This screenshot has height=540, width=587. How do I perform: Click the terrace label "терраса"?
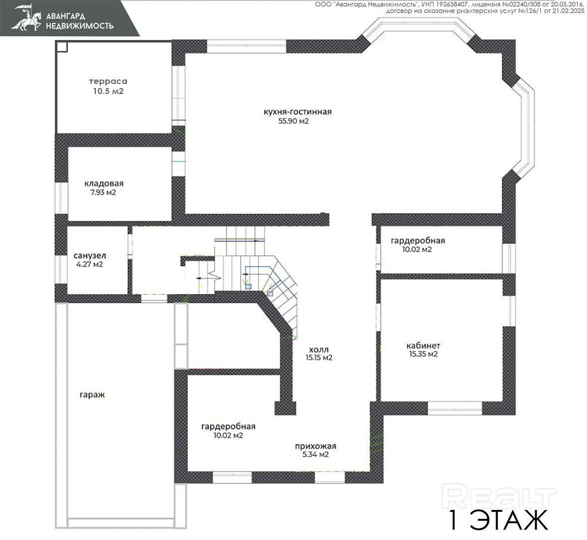108,81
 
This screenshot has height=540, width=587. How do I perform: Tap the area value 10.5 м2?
108,91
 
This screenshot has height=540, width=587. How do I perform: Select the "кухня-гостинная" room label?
297,112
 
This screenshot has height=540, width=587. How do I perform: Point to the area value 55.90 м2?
293,121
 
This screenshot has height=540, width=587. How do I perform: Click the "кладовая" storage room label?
104,184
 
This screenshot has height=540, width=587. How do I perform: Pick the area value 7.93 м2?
103,193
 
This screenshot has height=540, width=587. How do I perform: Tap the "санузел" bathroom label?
90,256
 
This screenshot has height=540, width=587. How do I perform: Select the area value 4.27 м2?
89,264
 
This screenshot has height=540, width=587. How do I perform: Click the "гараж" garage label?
92,395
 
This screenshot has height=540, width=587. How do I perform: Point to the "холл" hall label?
319,349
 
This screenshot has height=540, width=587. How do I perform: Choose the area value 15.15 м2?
319,358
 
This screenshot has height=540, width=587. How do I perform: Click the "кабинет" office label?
423,345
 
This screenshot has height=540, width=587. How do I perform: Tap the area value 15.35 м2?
423,354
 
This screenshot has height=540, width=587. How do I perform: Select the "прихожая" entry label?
315,446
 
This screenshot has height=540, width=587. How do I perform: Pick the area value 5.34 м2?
315,455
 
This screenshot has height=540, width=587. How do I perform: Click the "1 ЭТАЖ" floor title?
498,519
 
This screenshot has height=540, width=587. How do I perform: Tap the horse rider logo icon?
26,17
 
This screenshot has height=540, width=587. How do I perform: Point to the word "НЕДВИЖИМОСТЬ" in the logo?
79,26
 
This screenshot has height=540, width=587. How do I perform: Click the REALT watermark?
499,496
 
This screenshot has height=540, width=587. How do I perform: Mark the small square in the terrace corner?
62,47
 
